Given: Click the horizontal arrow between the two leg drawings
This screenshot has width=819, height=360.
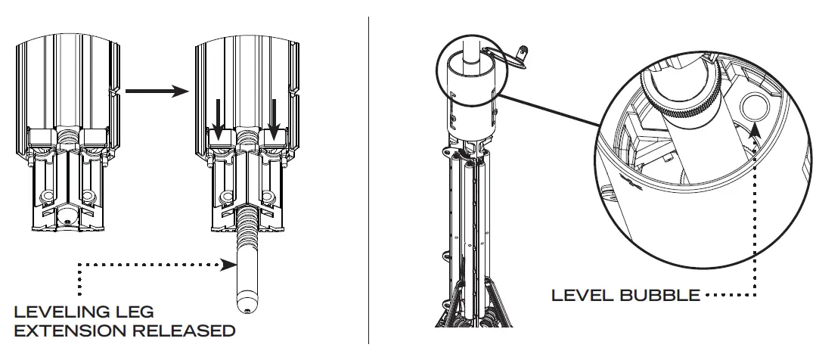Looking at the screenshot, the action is (x=157, y=92).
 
